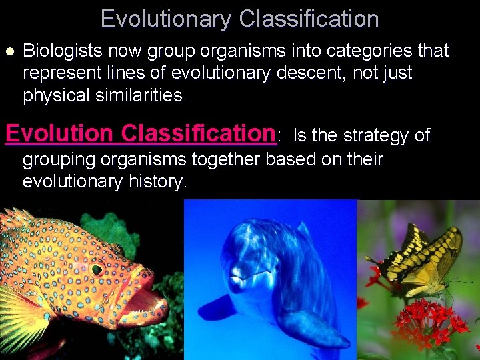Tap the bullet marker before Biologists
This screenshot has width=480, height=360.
9,51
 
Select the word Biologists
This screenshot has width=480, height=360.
64,51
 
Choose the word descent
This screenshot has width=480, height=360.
301,73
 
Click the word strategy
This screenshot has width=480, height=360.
377,135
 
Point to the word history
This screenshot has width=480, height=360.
151,181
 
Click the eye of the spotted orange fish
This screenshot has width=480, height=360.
97,269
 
